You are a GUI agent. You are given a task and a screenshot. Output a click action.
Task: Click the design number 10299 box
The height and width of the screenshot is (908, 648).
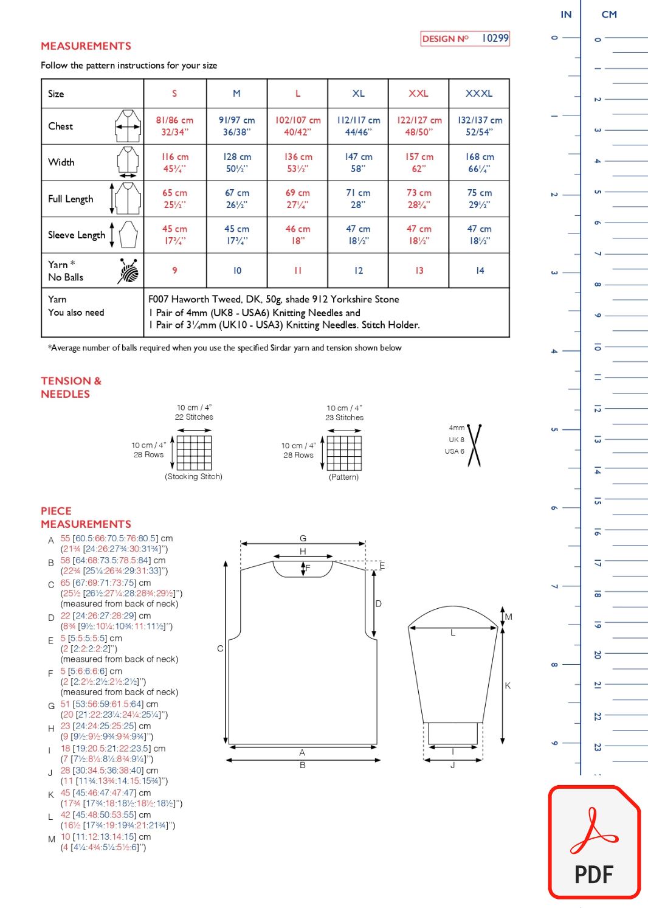point(465,38)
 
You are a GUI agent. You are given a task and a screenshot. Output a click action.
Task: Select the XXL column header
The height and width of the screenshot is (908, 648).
point(418,94)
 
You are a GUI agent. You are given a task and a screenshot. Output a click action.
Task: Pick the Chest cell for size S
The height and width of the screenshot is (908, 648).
point(174,126)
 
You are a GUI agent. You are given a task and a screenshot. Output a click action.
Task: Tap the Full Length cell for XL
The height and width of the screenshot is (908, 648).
point(358,199)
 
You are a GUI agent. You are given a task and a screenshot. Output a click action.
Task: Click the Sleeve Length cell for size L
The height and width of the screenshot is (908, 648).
point(298,235)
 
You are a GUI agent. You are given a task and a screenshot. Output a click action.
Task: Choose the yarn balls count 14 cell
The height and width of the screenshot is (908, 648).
point(480,271)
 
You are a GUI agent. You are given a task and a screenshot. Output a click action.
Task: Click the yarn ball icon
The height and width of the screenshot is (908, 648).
point(128,271)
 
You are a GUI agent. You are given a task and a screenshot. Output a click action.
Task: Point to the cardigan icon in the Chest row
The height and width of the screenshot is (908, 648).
point(128,126)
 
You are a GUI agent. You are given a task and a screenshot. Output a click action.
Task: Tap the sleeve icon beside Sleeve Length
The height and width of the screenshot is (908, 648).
point(128,235)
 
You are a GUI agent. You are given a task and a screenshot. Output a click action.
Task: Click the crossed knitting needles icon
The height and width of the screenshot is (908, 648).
point(474,446)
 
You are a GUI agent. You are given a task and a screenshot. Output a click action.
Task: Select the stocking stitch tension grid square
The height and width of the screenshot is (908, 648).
point(195,452)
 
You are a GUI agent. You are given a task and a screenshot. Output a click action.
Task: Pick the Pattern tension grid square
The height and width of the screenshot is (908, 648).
point(345,453)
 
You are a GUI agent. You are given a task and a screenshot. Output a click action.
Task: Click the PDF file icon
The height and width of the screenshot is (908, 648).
point(595,843)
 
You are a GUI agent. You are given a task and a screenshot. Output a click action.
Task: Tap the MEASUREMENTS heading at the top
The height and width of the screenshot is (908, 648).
point(86,46)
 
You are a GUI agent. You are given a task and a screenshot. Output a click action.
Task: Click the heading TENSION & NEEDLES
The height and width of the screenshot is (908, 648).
point(71,387)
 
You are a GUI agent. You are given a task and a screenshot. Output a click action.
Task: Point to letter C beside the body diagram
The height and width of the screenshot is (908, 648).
point(220,649)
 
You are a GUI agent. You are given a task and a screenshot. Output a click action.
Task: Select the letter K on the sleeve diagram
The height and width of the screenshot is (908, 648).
point(508,685)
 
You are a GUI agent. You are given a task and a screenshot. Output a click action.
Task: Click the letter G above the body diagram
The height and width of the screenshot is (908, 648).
point(303,538)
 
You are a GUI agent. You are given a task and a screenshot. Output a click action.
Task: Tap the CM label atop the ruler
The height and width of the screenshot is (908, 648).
point(609,15)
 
